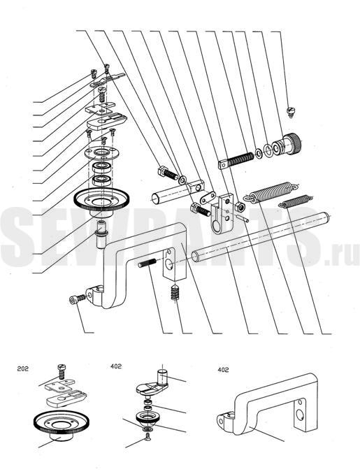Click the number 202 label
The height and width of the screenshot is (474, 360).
coord(23,368)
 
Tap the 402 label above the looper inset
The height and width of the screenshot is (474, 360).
coord(116,366)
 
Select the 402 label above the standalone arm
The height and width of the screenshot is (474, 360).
coord(223,370)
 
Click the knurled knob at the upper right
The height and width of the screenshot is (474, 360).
coord(287,145)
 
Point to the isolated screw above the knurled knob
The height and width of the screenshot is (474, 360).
coord(291,112)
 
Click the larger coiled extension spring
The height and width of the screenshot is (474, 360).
coord(271,192)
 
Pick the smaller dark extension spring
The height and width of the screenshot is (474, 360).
coord(295,201)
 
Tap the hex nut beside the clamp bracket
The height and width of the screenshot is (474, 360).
coord(240,207)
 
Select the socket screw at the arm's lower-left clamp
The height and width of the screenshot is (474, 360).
coord(77,299)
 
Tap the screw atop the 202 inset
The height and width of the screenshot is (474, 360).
coord(62,371)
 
